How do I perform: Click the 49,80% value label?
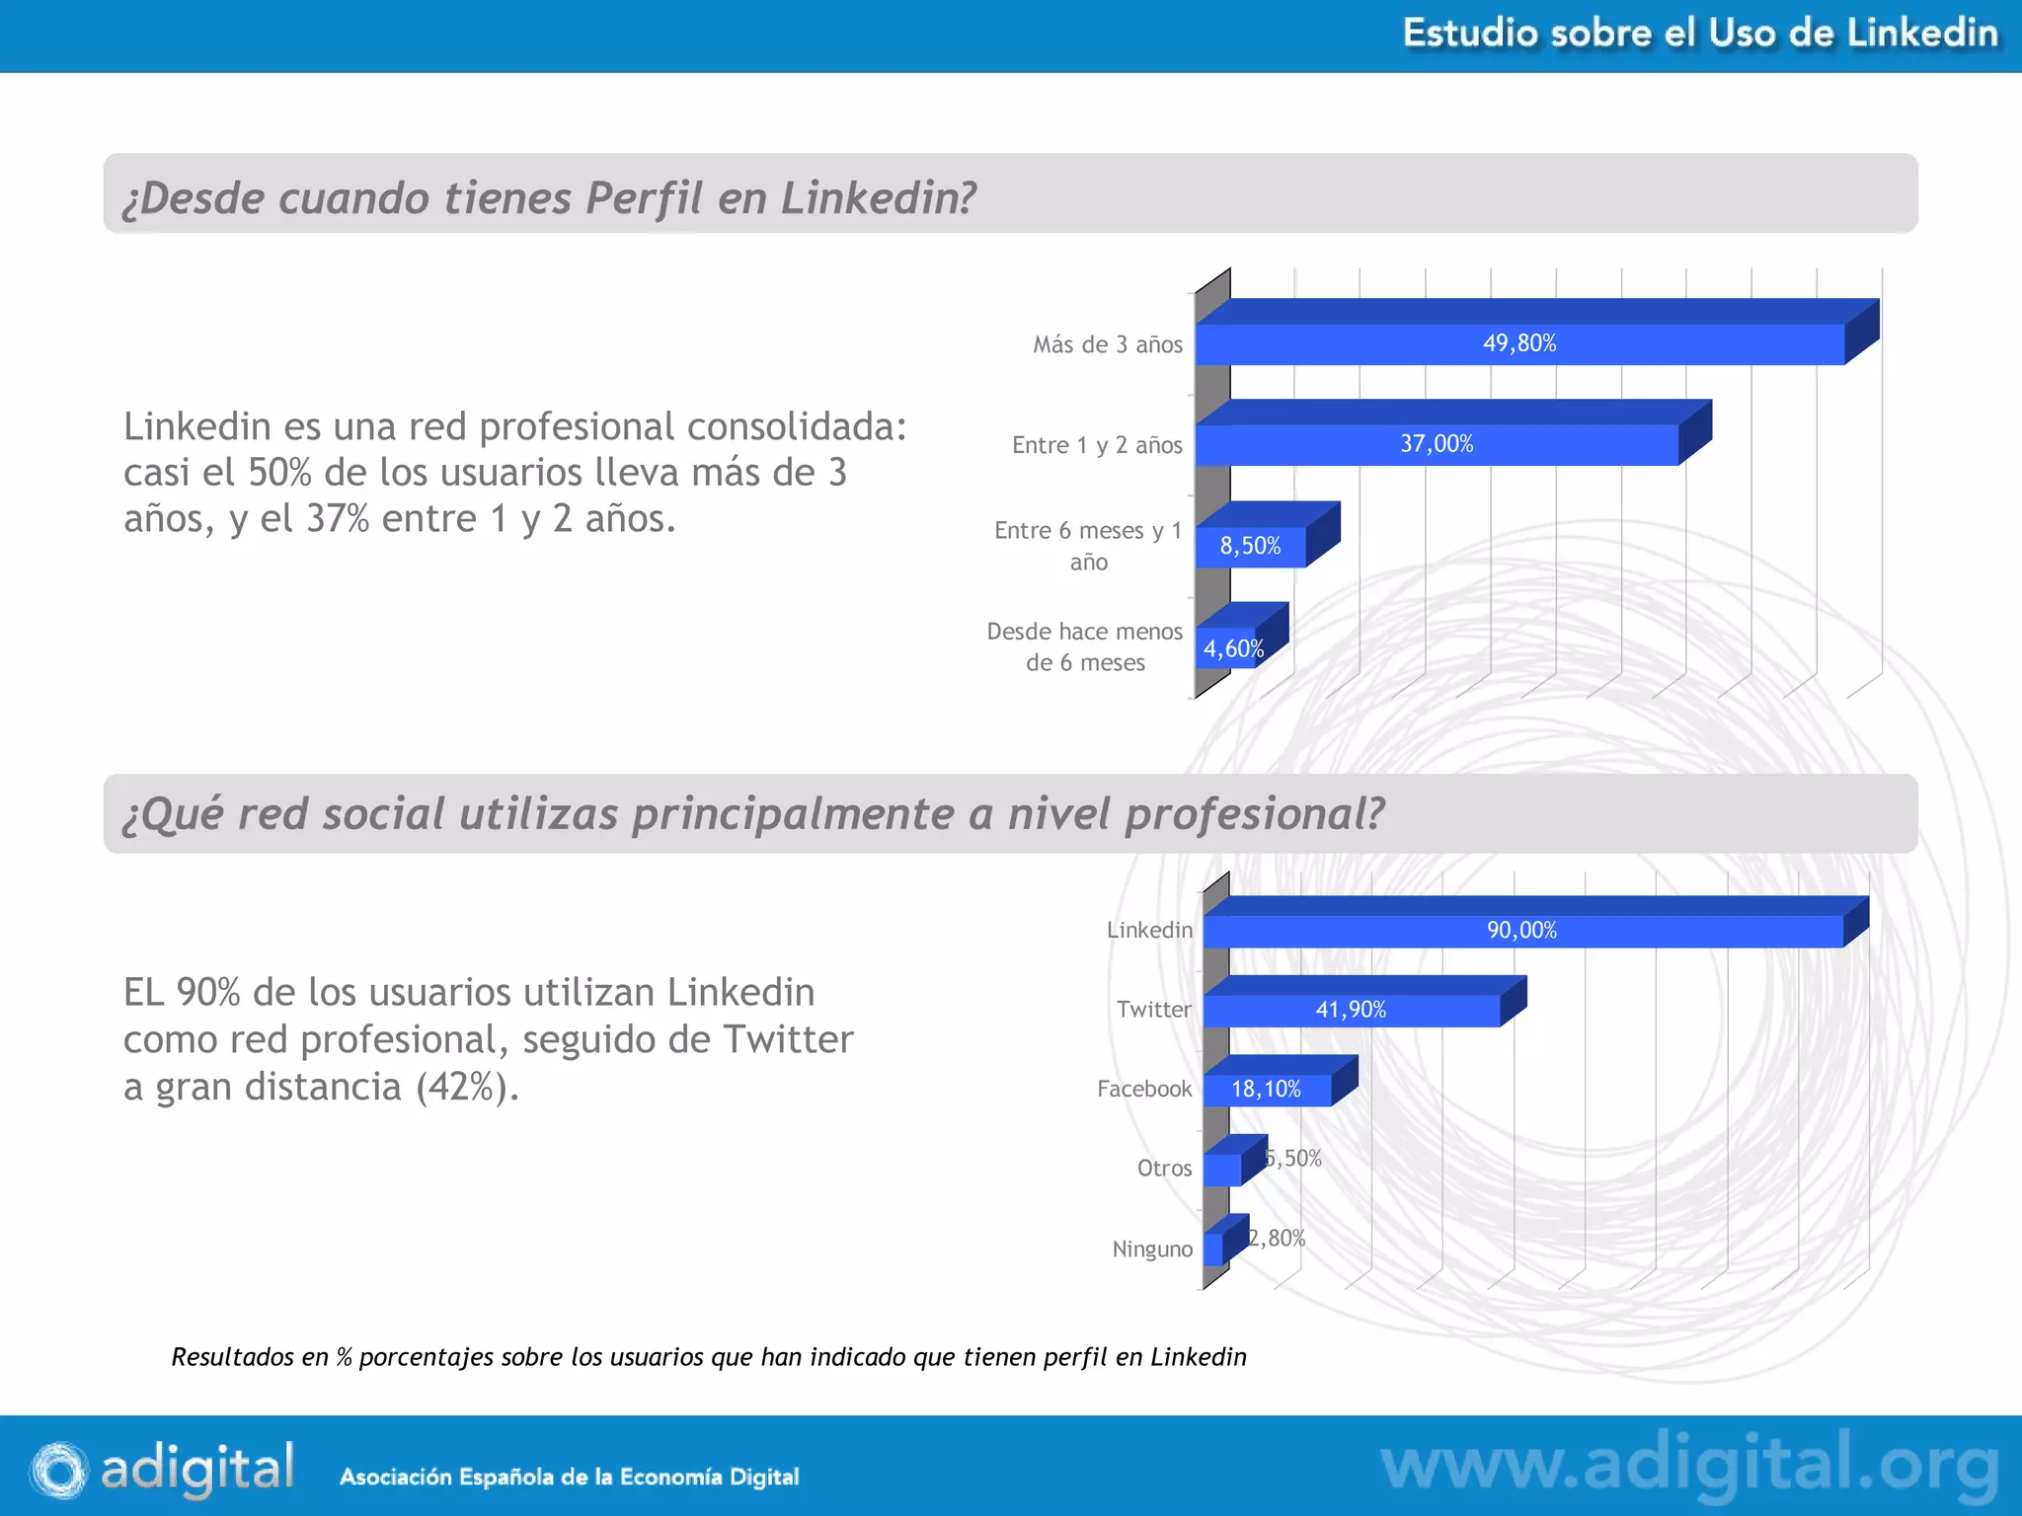[1518, 343]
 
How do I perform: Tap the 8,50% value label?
[1250, 546]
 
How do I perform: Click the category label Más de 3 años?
[1107, 344]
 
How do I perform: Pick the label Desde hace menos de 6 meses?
[1084, 646]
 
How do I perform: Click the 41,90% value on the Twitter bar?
[1351, 1010]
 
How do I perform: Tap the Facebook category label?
[1144, 1089]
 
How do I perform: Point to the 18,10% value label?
[1266, 1089]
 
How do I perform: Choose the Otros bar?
[1222, 1169]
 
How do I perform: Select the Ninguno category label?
[1152, 1249]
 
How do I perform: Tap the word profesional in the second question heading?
[1255, 814]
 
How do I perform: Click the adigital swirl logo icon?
[59, 1470]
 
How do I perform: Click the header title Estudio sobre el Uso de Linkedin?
[1700, 34]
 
